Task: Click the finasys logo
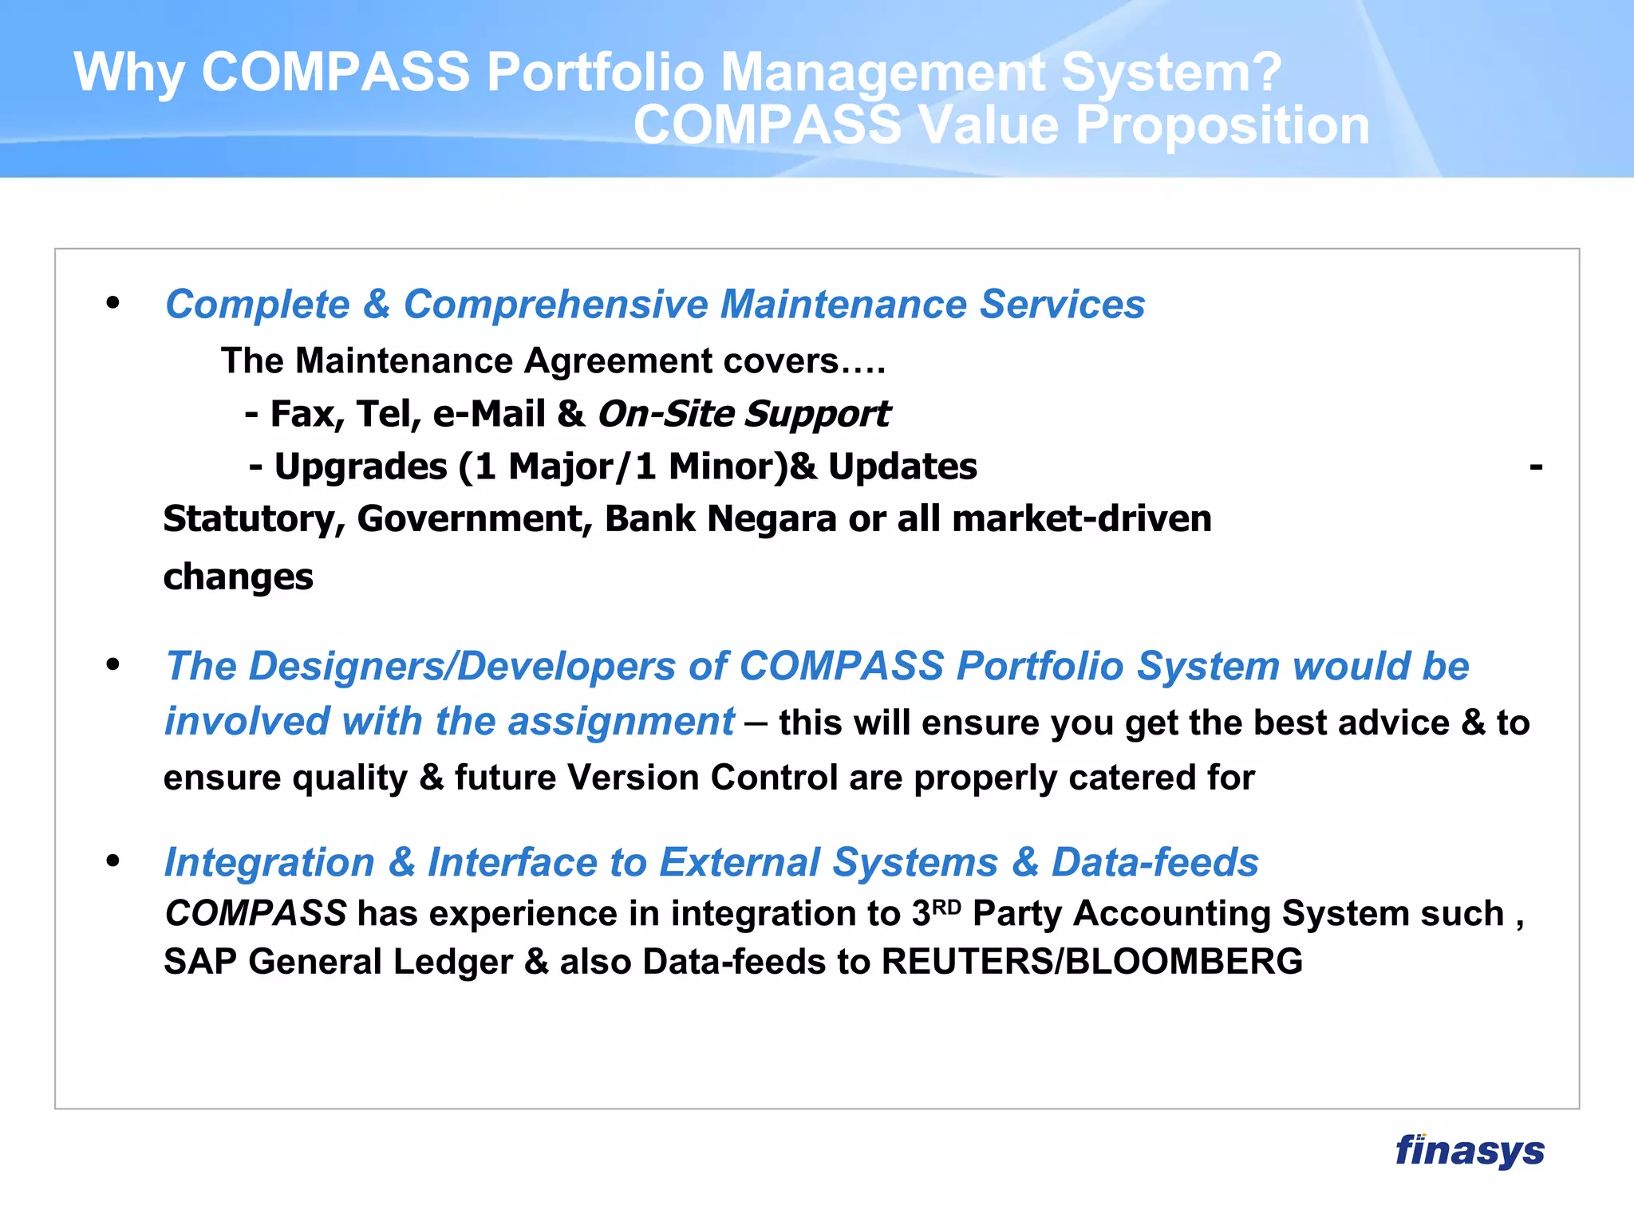tap(1469, 1151)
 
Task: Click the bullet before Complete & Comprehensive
tap(112, 303)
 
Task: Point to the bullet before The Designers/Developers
tap(112, 664)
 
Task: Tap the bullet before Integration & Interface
tap(112, 861)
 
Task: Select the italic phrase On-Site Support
tap(744, 414)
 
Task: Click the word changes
tap(238, 577)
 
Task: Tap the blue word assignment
tap(620, 722)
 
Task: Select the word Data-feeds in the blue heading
tap(1154, 863)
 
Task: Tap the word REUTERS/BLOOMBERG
tap(1091, 962)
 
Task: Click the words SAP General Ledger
tap(338, 962)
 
